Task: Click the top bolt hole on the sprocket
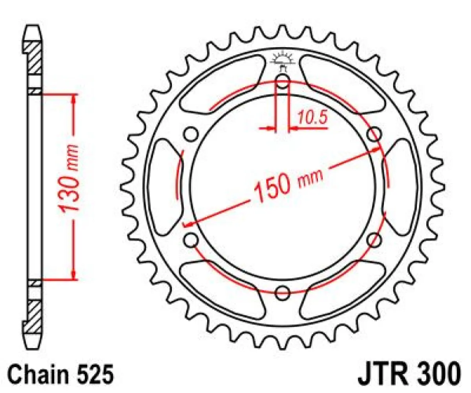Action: point(283,83)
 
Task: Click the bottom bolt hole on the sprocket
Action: point(283,292)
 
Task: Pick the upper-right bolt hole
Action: point(374,134)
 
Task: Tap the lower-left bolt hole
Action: point(192,239)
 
